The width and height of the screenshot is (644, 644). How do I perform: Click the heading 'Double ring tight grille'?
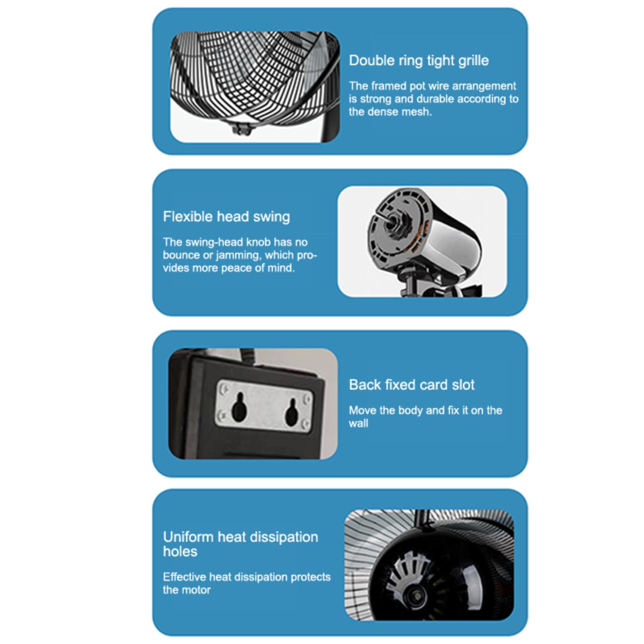tap(419, 60)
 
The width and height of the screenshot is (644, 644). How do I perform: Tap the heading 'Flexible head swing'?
tap(226, 217)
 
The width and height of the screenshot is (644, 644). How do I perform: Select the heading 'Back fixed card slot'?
tap(411, 385)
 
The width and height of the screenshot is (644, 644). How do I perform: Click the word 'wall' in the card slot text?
tap(358, 423)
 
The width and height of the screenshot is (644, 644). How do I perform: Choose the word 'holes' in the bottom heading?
tap(180, 551)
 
